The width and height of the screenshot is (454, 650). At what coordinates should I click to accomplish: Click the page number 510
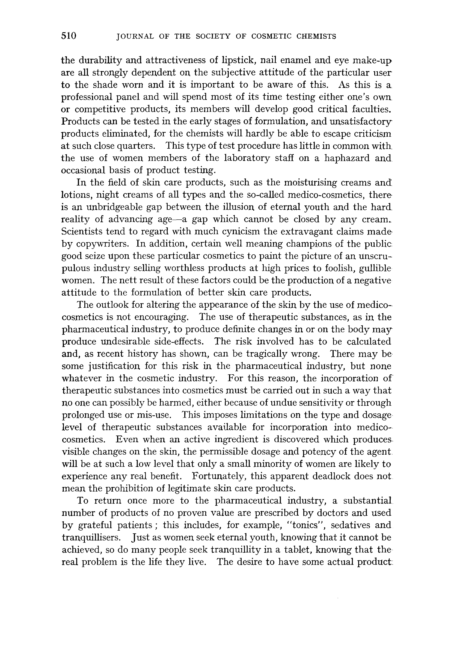(x=69, y=36)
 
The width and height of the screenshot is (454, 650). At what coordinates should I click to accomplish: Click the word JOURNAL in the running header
(x=135, y=37)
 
